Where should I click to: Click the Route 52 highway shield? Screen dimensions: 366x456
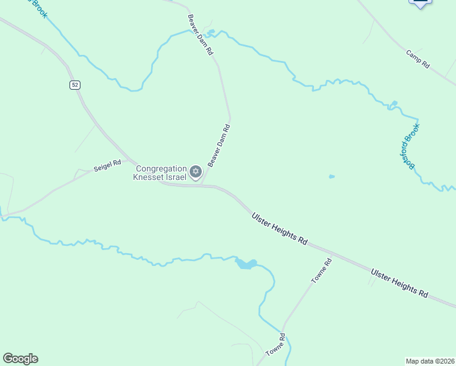pyautogui.click(x=74, y=85)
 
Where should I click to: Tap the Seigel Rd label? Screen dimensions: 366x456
pyautogui.click(x=107, y=166)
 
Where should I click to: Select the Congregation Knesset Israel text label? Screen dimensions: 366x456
pyautogui.click(x=160, y=173)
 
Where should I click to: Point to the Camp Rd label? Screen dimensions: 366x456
pyautogui.click(x=418, y=59)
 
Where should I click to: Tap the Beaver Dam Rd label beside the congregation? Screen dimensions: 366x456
pyautogui.click(x=218, y=145)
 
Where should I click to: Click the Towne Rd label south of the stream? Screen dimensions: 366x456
pyautogui.click(x=276, y=345)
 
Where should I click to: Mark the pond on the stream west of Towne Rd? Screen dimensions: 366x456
pyautogui.click(x=246, y=264)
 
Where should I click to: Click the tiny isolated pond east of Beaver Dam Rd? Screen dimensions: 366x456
pyautogui.click(x=332, y=177)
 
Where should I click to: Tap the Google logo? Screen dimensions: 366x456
pyautogui.click(x=20, y=359)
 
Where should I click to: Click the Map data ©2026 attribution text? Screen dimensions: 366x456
pyautogui.click(x=430, y=361)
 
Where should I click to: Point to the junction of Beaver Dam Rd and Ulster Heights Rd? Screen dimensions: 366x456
pyautogui.click(x=204, y=185)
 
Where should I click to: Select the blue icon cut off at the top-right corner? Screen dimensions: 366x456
pyautogui.click(x=420, y=3)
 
